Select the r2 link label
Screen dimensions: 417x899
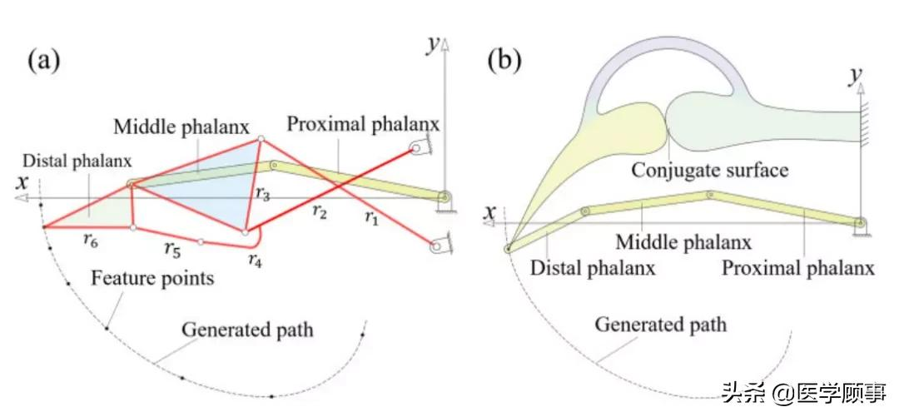point(319,211)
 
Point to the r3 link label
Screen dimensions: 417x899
point(263,195)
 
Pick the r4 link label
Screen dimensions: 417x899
point(256,260)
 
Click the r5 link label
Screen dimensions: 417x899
point(172,248)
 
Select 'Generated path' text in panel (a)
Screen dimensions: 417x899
point(248,330)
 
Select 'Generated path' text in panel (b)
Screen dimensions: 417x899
point(660,323)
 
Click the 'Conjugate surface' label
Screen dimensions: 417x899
point(709,171)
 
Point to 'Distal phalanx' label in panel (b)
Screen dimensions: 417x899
point(593,268)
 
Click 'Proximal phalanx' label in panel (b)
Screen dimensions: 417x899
point(798,268)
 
